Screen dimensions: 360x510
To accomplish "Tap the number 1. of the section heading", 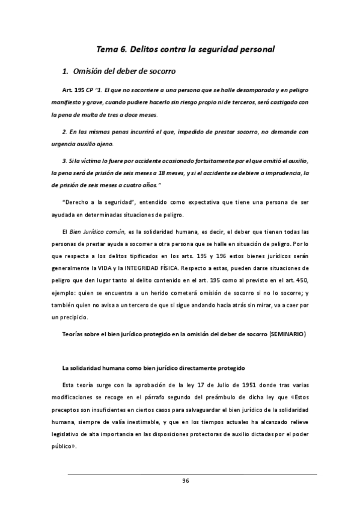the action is tap(66, 72).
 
